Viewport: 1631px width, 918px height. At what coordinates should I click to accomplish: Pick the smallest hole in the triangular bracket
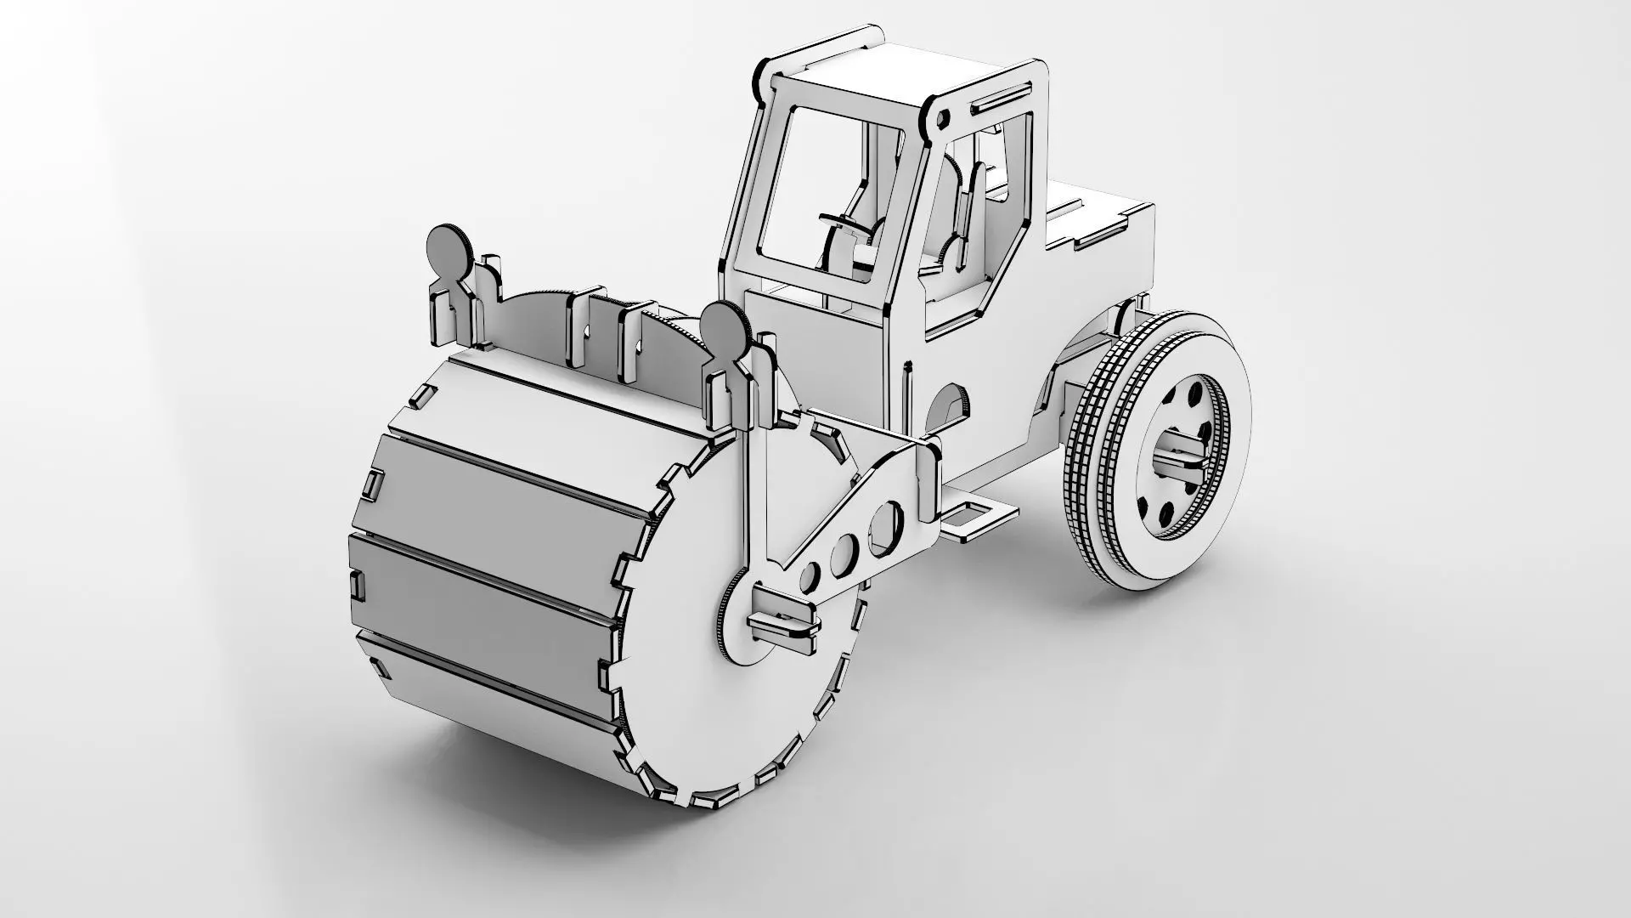click(x=810, y=577)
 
